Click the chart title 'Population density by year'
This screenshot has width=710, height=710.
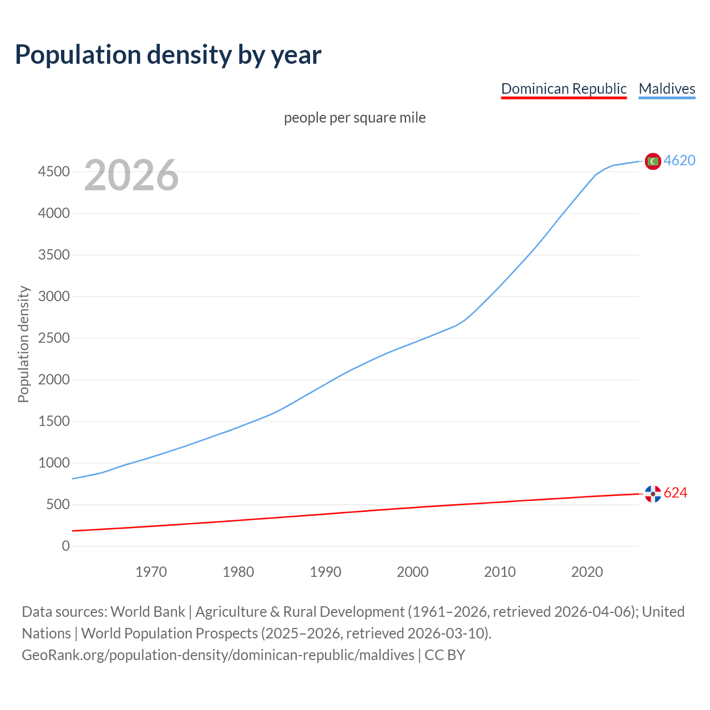(x=168, y=55)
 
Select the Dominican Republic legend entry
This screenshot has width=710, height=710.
(x=564, y=89)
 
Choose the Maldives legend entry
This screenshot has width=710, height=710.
(x=667, y=89)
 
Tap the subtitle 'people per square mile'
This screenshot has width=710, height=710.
(x=354, y=118)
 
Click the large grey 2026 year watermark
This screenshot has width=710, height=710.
(x=131, y=175)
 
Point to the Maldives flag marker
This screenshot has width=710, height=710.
(x=653, y=161)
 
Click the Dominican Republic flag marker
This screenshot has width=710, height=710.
(x=653, y=493)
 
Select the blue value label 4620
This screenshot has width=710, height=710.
(x=679, y=160)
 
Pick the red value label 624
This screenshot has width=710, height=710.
(x=675, y=493)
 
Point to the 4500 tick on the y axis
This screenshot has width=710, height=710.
(x=54, y=172)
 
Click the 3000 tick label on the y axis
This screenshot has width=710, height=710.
(x=54, y=297)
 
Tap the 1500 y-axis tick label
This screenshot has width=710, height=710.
(x=54, y=422)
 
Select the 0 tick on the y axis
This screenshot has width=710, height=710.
(x=66, y=546)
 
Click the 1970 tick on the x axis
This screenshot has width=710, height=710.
(x=151, y=572)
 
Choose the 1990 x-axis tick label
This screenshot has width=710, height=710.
(x=326, y=572)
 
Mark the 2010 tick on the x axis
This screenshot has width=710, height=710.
(x=500, y=572)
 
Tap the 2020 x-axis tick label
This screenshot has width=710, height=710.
(x=587, y=572)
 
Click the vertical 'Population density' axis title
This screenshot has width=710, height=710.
(x=23, y=344)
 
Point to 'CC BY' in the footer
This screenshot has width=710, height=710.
(x=445, y=655)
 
